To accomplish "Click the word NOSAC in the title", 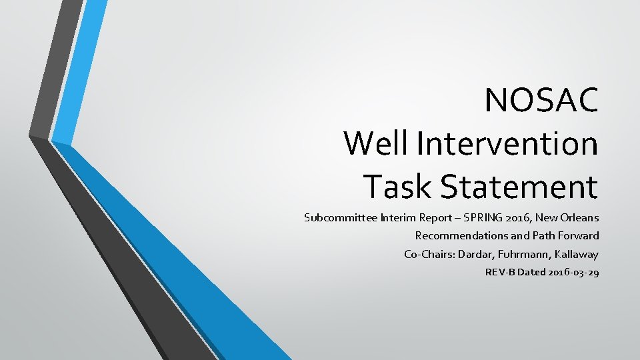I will (x=541, y=101).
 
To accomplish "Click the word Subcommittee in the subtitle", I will (x=339, y=217).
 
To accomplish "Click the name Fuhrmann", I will (x=520, y=254).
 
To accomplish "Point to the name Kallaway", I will (x=575, y=254).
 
